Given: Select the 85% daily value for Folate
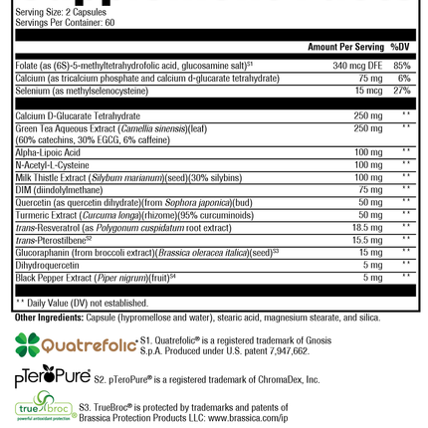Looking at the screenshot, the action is click(403, 65).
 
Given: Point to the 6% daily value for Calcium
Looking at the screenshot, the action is click(405, 77).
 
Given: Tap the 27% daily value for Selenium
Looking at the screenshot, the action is click(403, 89).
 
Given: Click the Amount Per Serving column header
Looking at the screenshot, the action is click(344, 47).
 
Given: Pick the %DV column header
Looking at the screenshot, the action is click(401, 47).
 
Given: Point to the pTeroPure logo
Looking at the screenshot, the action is click(52, 379).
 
